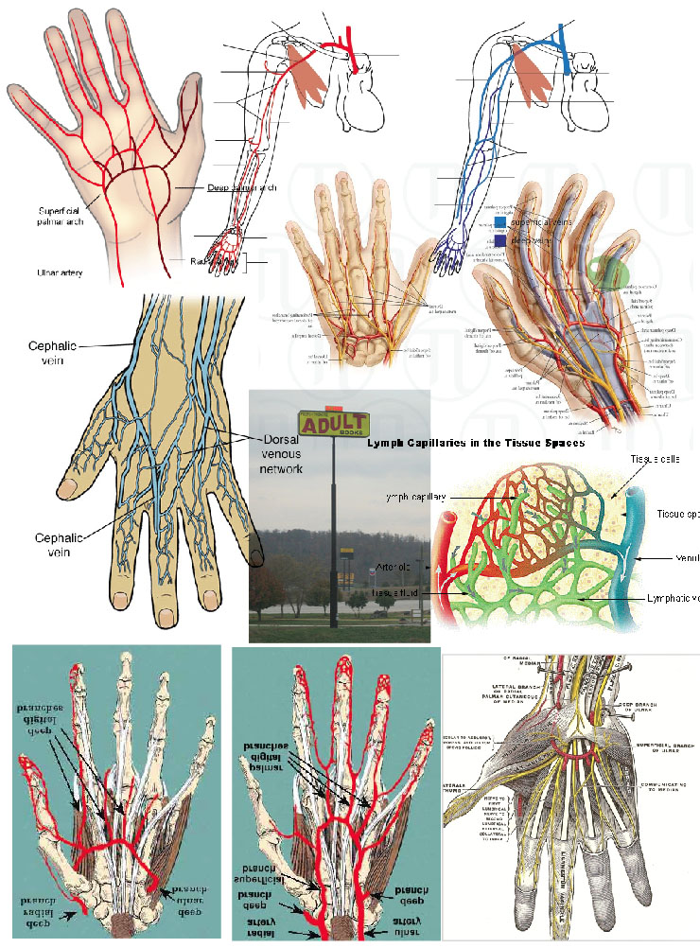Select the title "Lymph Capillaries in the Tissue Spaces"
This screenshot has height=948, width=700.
[475, 442]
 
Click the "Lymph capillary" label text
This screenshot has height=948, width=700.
[415, 496]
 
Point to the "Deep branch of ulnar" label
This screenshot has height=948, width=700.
[656, 706]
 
